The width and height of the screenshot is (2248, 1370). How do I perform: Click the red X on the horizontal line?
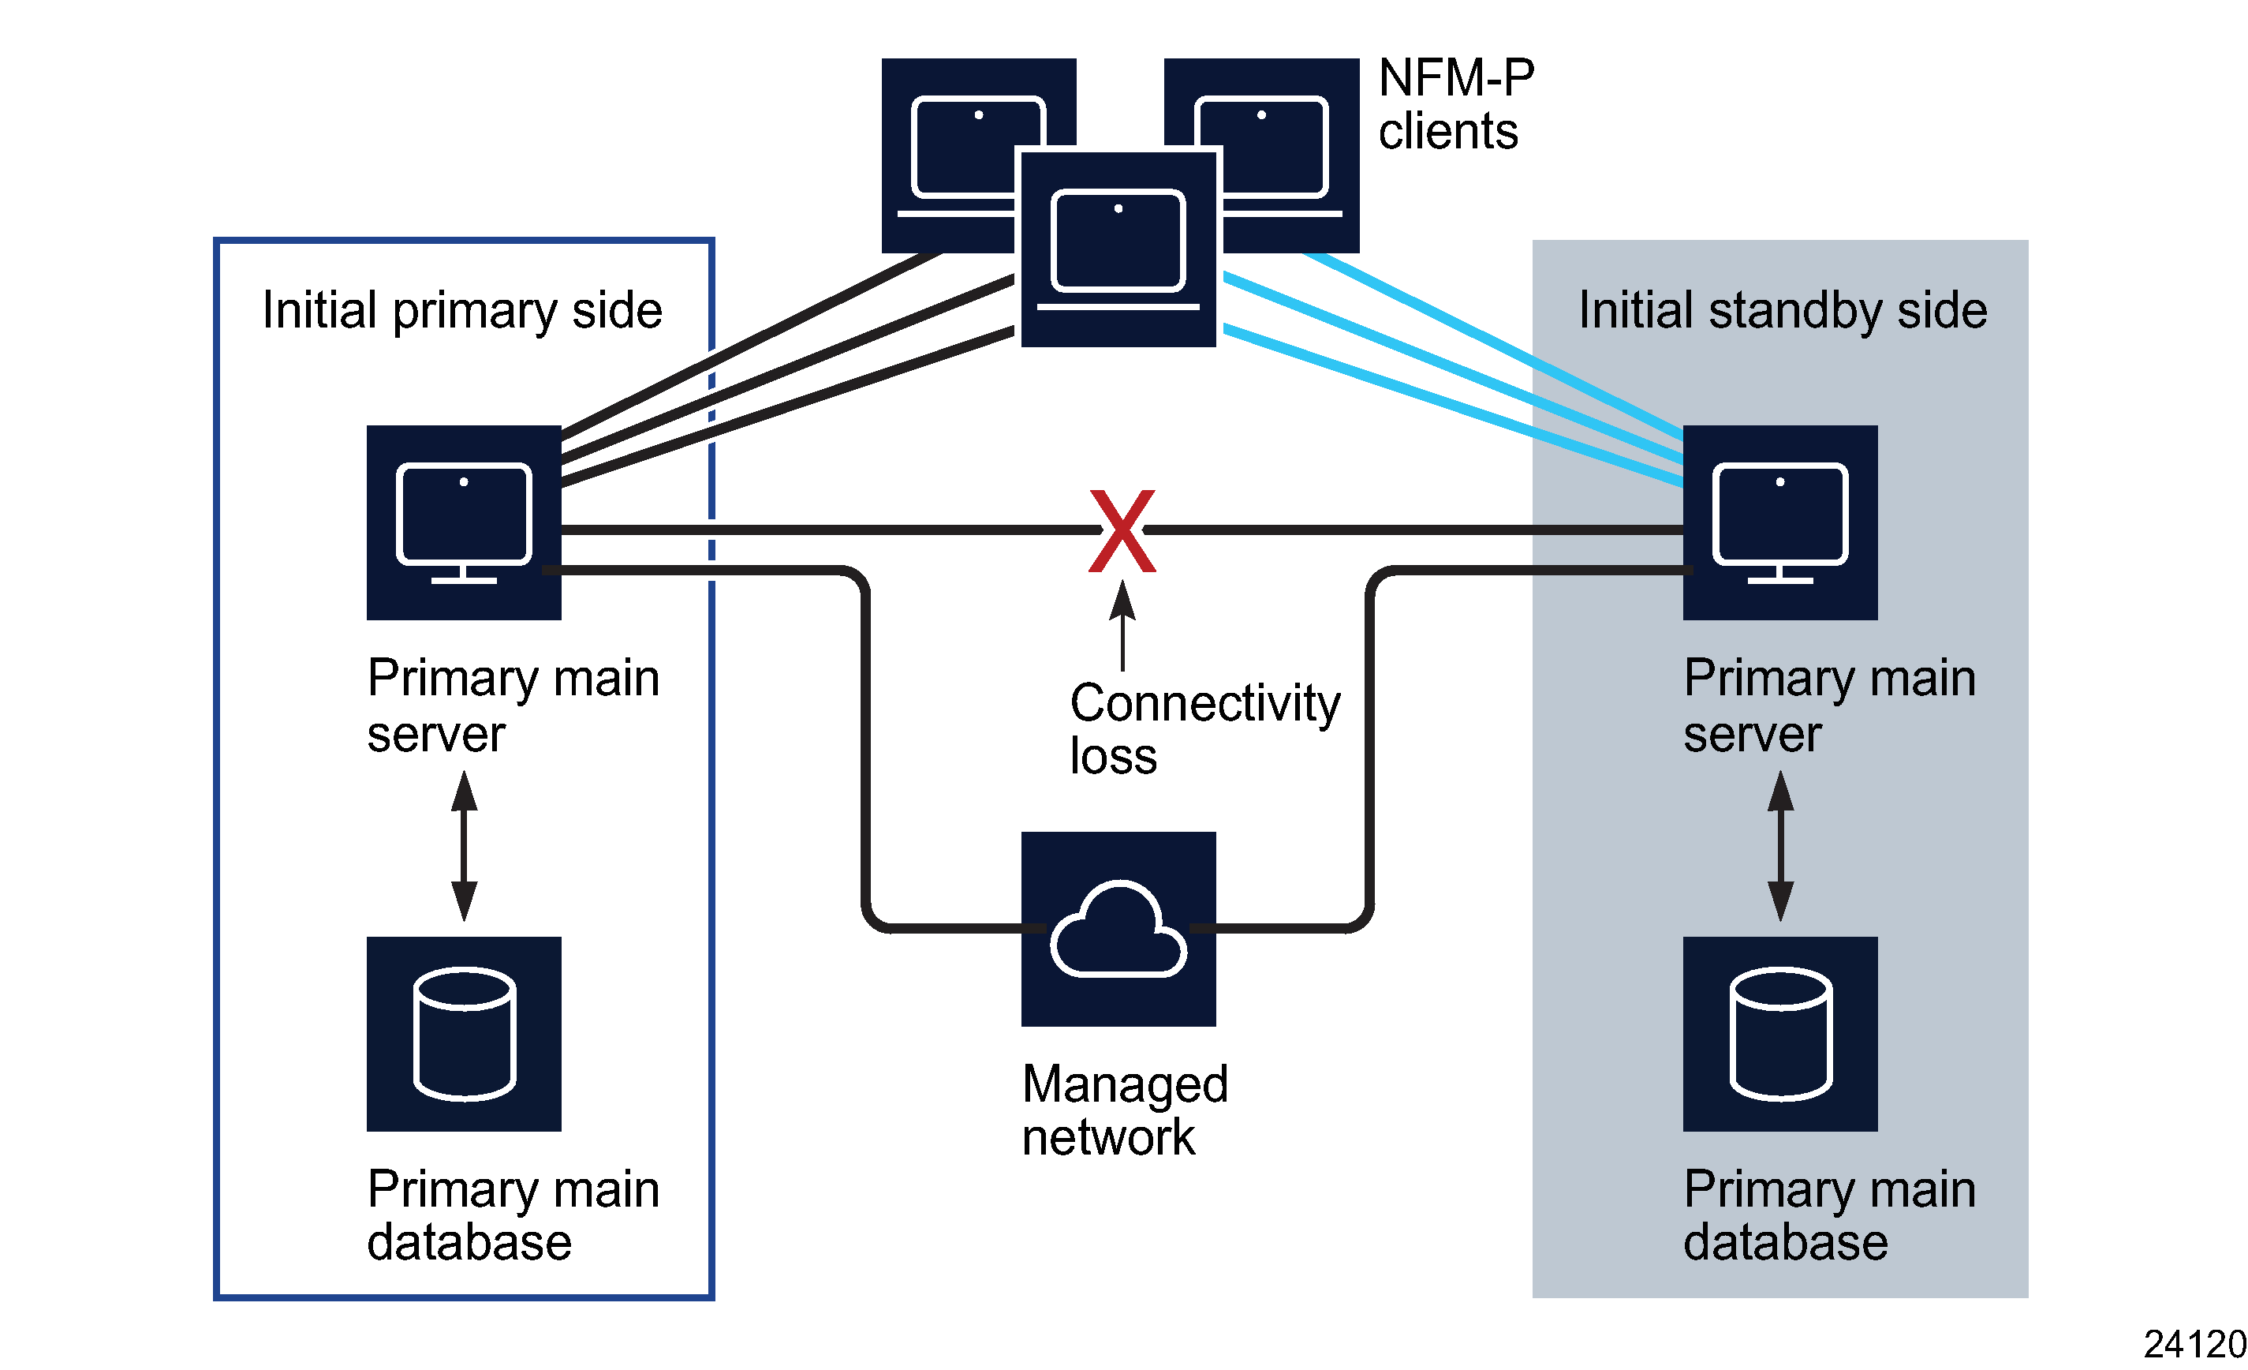(x=1122, y=530)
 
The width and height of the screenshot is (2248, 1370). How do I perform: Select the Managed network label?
(x=1124, y=1110)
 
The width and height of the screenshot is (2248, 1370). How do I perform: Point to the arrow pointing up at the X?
(x=1122, y=626)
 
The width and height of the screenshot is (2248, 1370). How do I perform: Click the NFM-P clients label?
(x=1455, y=104)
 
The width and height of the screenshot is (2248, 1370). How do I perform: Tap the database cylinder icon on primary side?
(x=464, y=1033)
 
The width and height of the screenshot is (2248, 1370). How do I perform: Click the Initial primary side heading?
(x=461, y=310)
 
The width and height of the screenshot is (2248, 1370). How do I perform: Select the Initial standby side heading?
(x=1782, y=310)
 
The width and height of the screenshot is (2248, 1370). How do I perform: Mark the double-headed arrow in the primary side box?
(x=464, y=845)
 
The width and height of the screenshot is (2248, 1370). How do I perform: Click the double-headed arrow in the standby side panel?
(x=1780, y=845)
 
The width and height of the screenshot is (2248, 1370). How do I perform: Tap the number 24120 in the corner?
(x=2194, y=1343)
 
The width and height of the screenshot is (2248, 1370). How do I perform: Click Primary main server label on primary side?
(x=513, y=705)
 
